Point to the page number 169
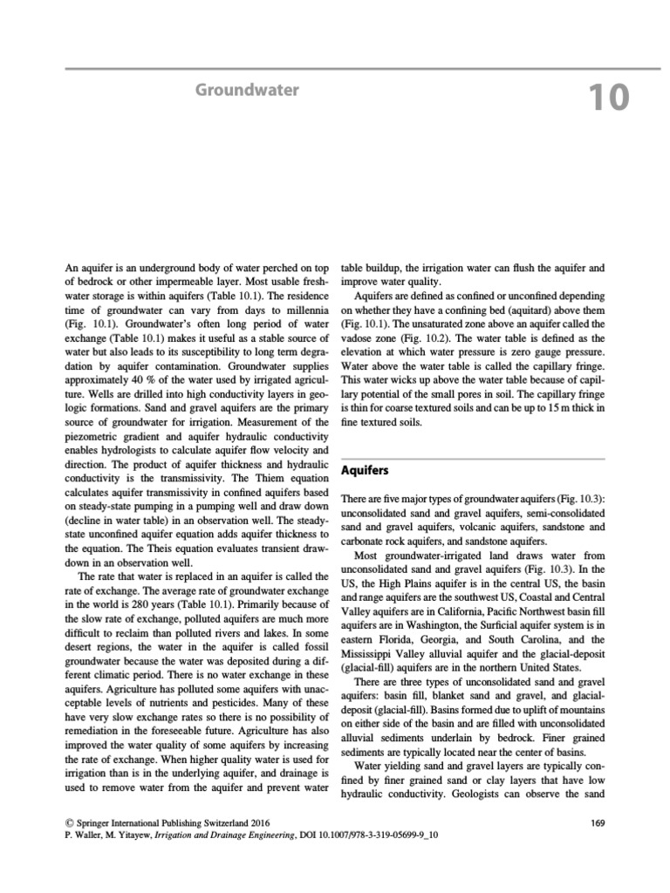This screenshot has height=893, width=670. click(x=597, y=821)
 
